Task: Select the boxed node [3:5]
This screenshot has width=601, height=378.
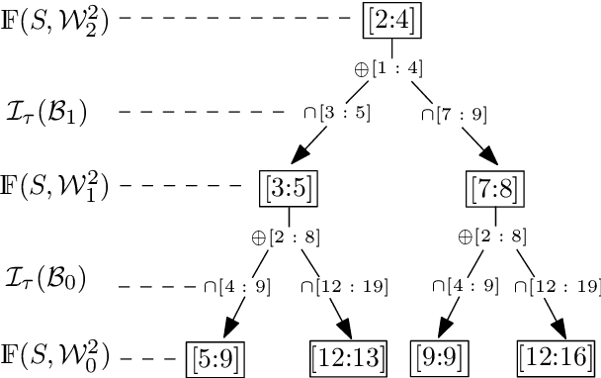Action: (x=289, y=185)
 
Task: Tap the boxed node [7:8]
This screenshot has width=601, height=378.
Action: (x=492, y=185)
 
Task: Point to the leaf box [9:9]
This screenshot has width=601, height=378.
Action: (x=440, y=354)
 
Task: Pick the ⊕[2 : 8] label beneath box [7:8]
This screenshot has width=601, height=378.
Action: (x=491, y=237)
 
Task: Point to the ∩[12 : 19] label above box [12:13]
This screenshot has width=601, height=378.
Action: (x=343, y=287)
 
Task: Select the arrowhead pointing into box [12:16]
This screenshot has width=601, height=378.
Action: (x=553, y=330)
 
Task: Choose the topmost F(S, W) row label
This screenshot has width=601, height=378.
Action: (x=54, y=19)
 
